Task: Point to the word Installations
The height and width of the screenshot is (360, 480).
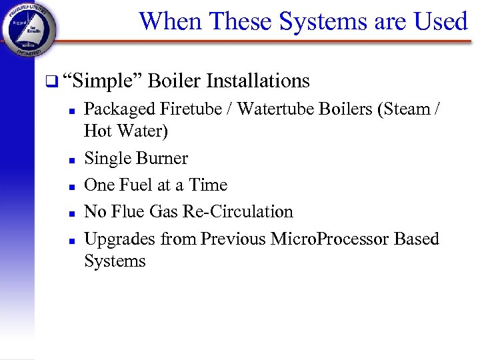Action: pyautogui.click(x=258, y=81)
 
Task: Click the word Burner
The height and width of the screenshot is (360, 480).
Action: pyautogui.click(x=162, y=159)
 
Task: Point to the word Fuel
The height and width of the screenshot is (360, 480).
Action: pyautogui.click(x=135, y=185)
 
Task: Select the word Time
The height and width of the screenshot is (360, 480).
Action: pyautogui.click(x=208, y=185)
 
